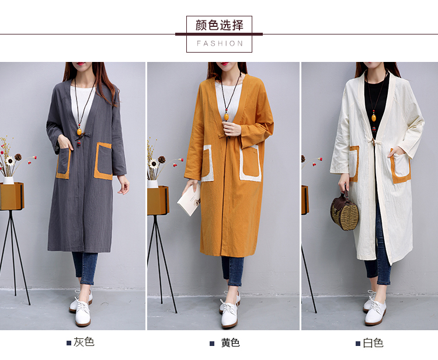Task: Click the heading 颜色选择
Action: pos(219,26)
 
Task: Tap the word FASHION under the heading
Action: pos(220,44)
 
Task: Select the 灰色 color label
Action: pos(84,342)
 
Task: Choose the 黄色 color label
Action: pos(231,343)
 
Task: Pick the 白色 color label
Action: pos(373,343)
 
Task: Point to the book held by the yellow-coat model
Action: pos(189,200)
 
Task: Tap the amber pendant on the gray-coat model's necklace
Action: pos(79,131)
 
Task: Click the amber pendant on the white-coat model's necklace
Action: pos(374,118)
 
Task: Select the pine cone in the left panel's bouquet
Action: pos(18,157)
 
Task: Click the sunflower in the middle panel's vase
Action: pos(153,164)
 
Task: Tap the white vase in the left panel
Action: pos(8,180)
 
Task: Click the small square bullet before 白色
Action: pos(358,344)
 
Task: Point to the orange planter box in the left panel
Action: pos(12,196)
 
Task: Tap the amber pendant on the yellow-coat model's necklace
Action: pos(226,116)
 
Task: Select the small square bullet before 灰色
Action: pos(69,343)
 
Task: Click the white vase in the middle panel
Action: pos(153,184)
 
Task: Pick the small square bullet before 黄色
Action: pos(212,344)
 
